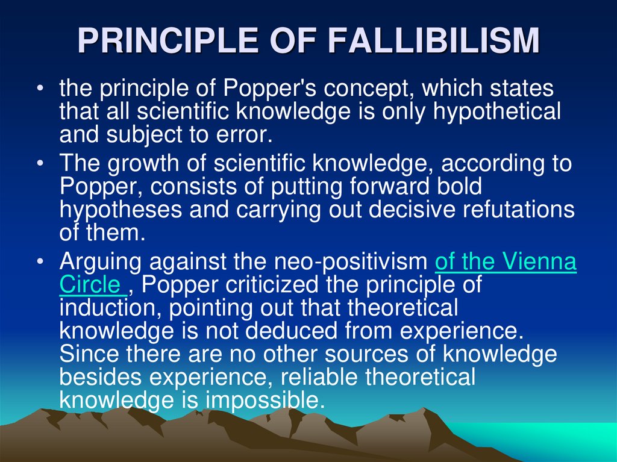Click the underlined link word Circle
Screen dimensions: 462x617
tap(89, 285)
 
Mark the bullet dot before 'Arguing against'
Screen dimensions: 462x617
tap(39, 263)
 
